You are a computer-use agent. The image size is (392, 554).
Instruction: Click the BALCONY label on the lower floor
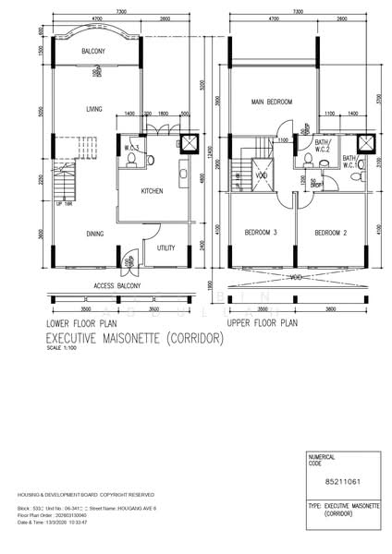(93, 51)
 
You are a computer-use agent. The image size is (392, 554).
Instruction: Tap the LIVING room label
(93, 109)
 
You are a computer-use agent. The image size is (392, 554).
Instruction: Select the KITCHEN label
(153, 191)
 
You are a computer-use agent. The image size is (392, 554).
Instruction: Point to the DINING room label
(94, 235)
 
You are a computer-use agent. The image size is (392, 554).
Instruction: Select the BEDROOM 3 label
(263, 232)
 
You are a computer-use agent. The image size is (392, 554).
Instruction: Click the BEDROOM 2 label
(331, 232)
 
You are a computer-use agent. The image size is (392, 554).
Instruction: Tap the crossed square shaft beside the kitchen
(189, 144)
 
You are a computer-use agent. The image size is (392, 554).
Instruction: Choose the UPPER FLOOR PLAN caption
(262, 325)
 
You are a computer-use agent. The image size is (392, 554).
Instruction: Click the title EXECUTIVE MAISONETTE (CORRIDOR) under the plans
(135, 340)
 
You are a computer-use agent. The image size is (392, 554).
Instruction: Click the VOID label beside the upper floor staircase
(262, 175)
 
